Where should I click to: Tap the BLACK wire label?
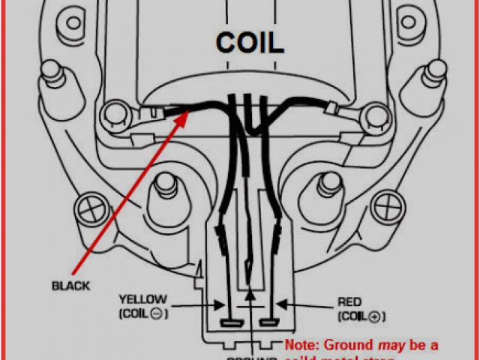[x=71, y=285]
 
